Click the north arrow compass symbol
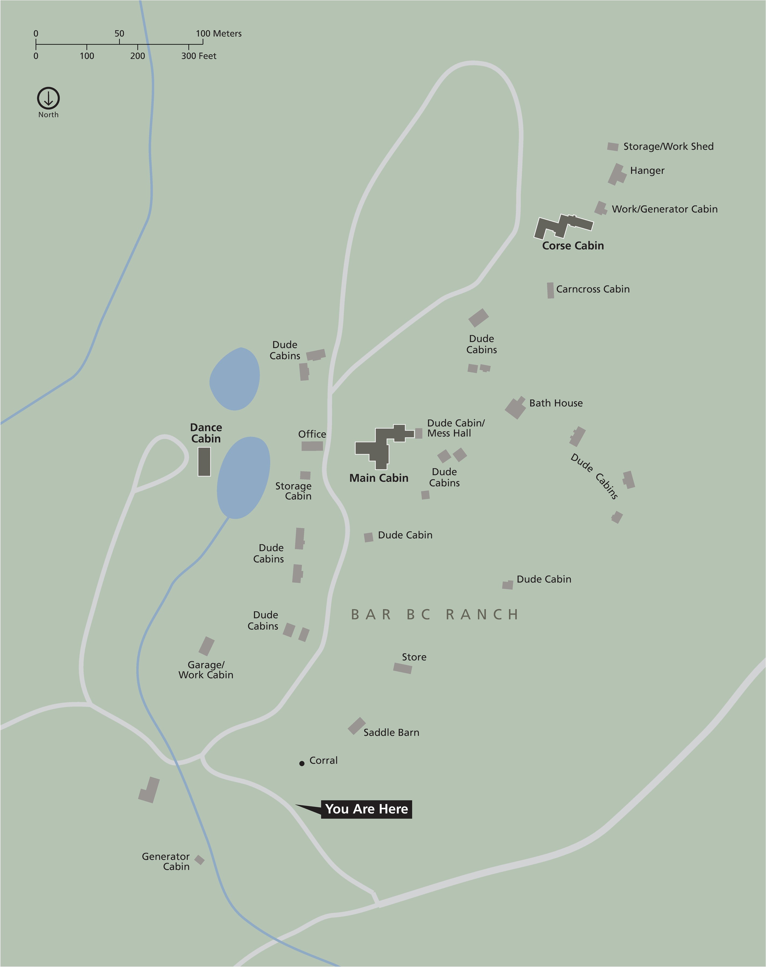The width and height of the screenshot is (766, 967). point(48,98)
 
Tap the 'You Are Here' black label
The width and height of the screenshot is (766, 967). point(366,809)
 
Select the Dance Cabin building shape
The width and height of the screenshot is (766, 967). point(204,461)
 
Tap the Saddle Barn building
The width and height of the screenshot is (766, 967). point(356,726)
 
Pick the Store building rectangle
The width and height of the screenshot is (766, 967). point(402,668)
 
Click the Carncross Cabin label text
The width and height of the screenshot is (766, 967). point(592,289)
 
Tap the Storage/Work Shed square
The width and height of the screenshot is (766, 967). point(613,147)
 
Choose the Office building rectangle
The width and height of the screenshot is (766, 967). point(312,446)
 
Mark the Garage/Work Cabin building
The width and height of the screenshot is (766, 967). point(206,646)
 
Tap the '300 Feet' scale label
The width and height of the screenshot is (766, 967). point(199,56)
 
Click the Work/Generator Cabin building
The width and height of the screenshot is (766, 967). point(601,208)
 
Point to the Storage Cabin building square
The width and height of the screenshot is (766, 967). point(305,475)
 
